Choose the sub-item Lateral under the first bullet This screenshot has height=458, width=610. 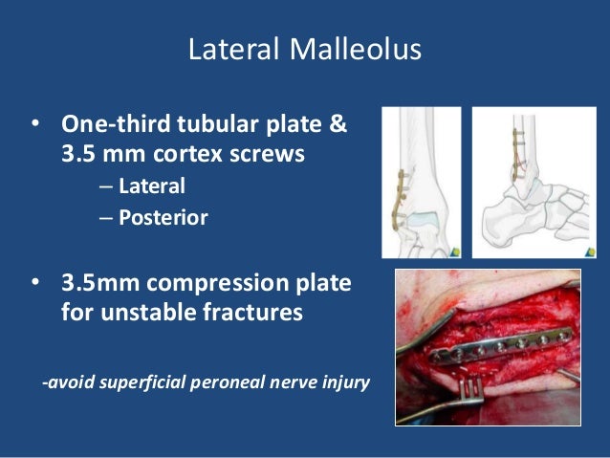tap(151, 186)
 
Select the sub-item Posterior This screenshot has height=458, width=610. tap(163, 217)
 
